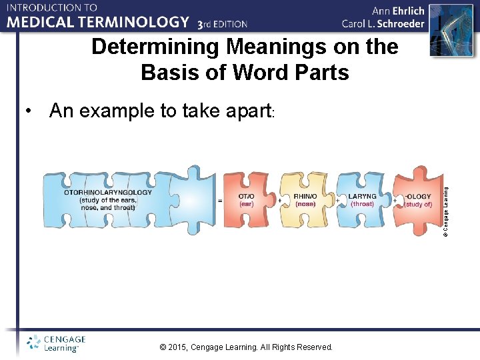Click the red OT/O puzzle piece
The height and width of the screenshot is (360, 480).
(246, 199)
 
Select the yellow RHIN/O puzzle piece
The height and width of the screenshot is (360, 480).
(305, 199)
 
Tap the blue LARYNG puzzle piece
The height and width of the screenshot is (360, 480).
(362, 199)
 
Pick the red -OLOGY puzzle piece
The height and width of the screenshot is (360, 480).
(418, 199)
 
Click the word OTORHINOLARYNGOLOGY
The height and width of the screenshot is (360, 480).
(108, 192)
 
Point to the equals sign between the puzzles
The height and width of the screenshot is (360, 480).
(220, 200)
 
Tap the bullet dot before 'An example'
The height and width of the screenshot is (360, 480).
(27, 111)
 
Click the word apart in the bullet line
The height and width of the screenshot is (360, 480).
(241, 111)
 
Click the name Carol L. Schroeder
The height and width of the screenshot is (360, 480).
(383, 24)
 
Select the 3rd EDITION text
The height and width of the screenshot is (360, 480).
(223, 24)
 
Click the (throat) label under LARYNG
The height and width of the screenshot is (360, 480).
(362, 204)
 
